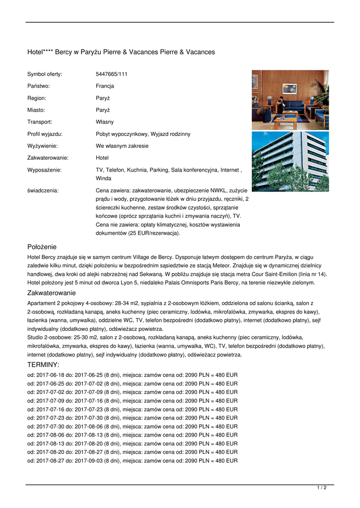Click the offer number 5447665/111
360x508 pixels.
tap(112, 74)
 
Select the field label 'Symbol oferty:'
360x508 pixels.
tap(45, 74)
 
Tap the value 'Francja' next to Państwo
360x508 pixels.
tap(105, 86)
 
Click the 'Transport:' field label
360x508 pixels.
tap(40, 122)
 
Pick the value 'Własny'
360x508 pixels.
tap(105, 122)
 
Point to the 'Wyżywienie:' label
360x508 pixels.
tap(42, 146)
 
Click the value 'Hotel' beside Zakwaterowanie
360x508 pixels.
tap(102, 158)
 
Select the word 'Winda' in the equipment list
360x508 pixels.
tap(103, 178)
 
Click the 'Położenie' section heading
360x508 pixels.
tap(42, 247)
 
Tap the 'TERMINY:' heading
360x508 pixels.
tap(43, 365)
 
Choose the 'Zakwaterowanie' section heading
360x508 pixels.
tap(51, 293)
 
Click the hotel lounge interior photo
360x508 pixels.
tap(290, 100)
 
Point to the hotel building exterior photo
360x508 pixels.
tap(290, 161)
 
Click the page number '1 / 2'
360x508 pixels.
tap(322, 488)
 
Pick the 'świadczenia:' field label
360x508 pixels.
tap(43, 190)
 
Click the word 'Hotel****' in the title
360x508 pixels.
tap(41, 52)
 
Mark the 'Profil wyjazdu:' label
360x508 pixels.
tap(45, 134)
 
